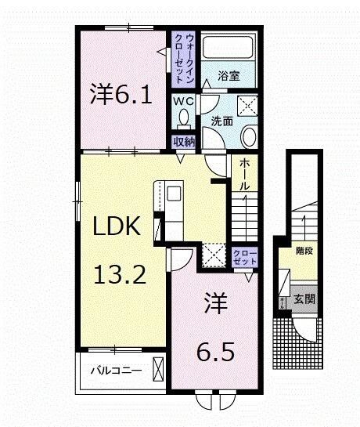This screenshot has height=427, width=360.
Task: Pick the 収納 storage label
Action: click(x=183, y=142)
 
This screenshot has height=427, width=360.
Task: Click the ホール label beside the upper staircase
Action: click(x=244, y=174)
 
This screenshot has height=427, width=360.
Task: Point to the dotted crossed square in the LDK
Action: click(x=213, y=255)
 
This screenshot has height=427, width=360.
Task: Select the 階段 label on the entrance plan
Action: click(x=304, y=252)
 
